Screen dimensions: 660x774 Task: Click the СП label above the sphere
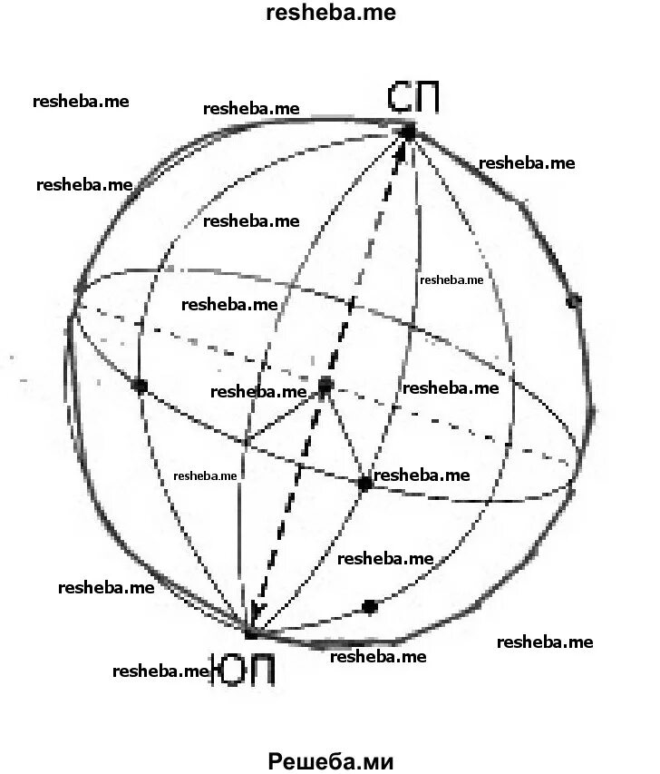(413, 97)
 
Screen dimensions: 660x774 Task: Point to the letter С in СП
(399, 97)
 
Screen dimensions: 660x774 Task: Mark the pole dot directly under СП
(408, 132)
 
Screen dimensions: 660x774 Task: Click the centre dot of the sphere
(325, 387)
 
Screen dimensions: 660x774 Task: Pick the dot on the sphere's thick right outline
(573, 300)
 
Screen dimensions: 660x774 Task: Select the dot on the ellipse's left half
(140, 387)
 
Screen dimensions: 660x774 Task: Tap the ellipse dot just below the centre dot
(364, 484)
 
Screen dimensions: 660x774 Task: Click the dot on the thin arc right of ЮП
(369, 606)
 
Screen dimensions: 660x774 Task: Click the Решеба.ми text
(331, 760)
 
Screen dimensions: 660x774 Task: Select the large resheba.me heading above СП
(331, 13)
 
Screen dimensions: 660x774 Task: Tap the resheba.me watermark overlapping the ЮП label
(161, 671)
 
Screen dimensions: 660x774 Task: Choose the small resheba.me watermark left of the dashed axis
(205, 475)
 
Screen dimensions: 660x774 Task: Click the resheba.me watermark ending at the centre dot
(259, 392)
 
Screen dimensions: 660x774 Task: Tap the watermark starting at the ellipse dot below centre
(422, 475)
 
